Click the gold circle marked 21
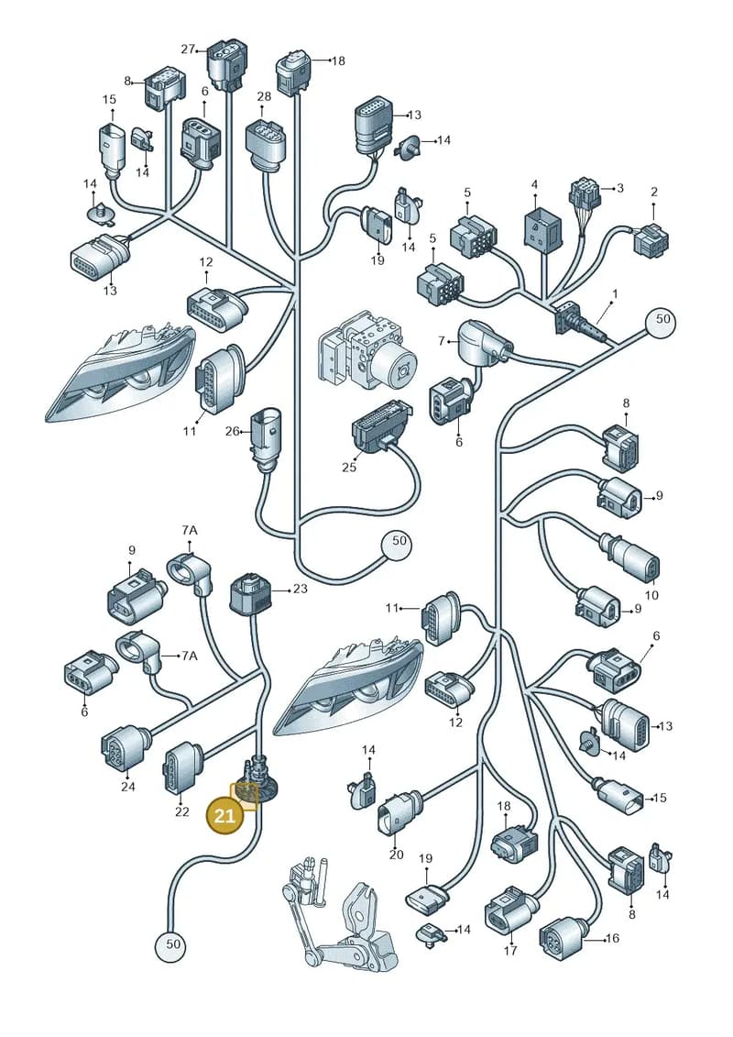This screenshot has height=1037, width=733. pos(224,815)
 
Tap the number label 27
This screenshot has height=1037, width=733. pos(189,49)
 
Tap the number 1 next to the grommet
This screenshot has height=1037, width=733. pos(615,293)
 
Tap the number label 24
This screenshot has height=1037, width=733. pos(128,787)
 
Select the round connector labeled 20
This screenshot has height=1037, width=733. pos(398,811)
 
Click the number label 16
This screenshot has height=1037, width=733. pos(613,938)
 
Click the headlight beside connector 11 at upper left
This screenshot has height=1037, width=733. pos(122,371)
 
